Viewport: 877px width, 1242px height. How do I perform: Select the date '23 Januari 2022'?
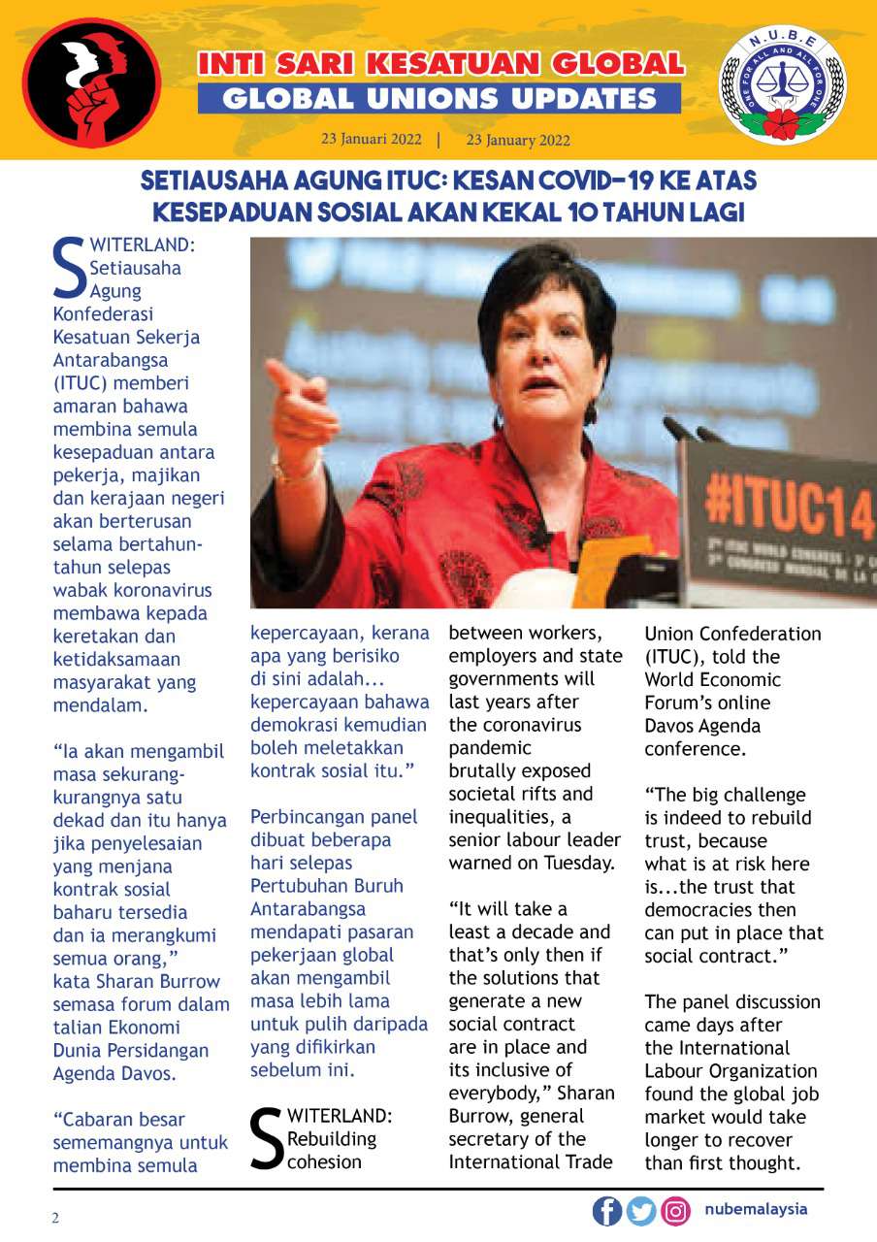pos(372,139)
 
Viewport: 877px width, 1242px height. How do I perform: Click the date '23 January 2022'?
pos(518,140)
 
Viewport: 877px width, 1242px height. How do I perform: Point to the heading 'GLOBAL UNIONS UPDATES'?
pos(439,98)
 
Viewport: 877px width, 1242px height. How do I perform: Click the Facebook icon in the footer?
pos(607,1211)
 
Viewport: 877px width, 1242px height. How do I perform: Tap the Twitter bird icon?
pos(641,1211)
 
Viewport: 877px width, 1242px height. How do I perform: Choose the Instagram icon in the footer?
pos(675,1211)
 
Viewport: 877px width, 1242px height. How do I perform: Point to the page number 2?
pos(56,1218)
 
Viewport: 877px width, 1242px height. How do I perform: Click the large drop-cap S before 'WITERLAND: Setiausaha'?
pos(69,269)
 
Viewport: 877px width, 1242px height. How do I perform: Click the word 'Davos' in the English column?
pos(672,726)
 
